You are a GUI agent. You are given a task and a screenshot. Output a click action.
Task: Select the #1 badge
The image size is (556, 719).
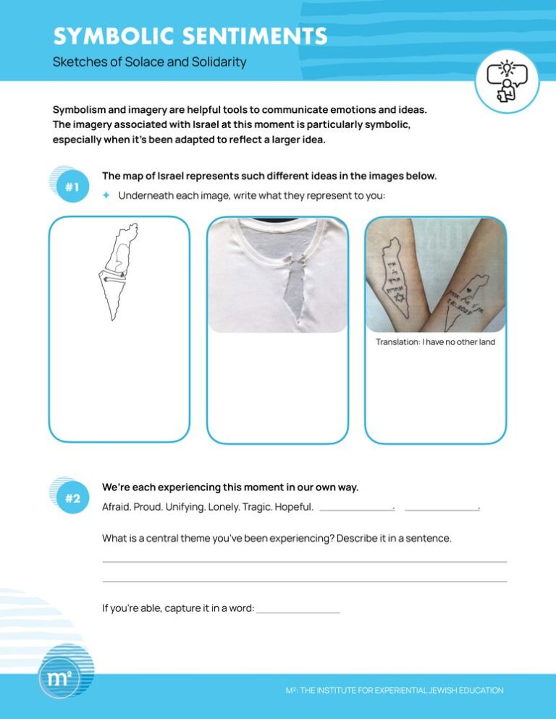[72, 187]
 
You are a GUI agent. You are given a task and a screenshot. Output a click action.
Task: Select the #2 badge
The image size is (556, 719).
[72, 498]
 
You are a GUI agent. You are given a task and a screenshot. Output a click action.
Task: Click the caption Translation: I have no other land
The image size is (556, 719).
[435, 342]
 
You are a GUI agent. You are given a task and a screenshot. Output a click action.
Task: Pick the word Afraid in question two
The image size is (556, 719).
[116, 507]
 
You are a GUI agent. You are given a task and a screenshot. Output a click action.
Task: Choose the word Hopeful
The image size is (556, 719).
[293, 507]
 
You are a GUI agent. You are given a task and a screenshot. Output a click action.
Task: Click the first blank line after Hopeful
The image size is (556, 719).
[355, 509]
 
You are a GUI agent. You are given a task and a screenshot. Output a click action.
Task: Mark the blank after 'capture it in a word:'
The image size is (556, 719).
[298, 611]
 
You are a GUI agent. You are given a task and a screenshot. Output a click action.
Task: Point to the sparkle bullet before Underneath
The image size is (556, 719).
[106, 195]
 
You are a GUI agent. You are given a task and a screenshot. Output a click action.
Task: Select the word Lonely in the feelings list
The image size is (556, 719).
[224, 507]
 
